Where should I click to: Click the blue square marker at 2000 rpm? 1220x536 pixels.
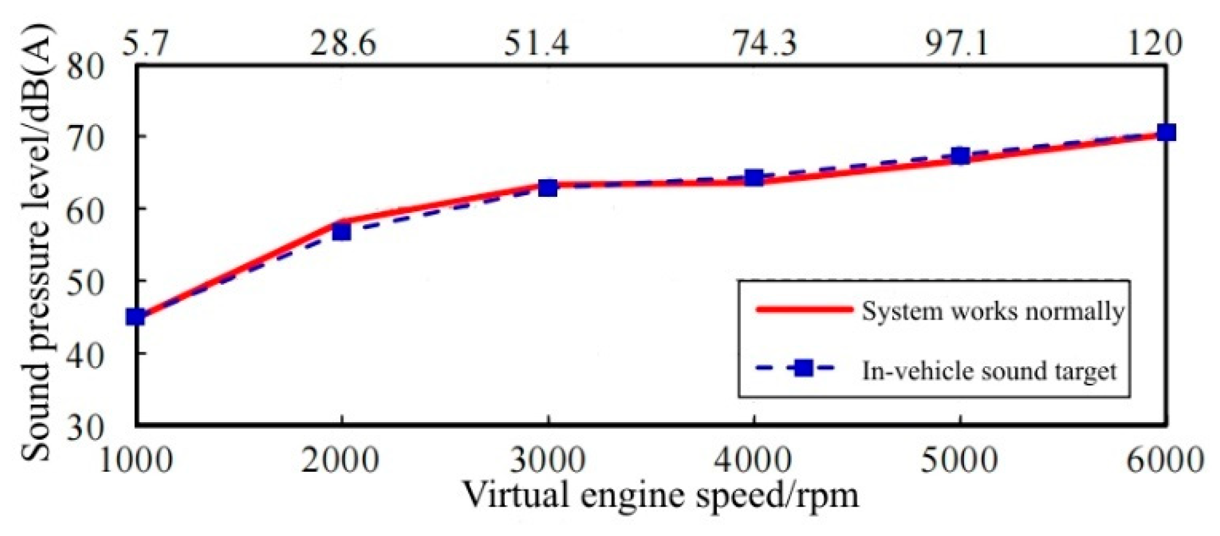(341, 231)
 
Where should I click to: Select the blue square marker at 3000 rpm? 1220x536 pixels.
(548, 188)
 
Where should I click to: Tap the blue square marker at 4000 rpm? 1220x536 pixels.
(754, 177)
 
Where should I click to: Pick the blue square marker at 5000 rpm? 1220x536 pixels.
(961, 156)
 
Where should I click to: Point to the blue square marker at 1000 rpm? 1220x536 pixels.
(136, 317)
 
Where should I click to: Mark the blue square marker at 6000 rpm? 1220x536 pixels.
(1166, 132)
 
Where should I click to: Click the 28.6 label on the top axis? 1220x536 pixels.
(343, 42)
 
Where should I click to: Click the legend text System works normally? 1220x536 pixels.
(993, 311)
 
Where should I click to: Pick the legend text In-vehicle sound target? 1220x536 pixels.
(989, 371)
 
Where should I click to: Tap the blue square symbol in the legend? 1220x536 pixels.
(804, 368)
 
